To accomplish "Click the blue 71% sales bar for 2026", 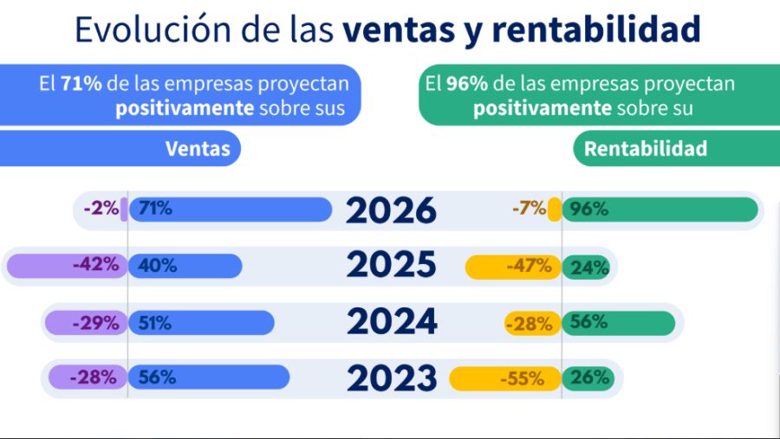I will (231, 210).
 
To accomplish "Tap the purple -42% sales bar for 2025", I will (66, 266).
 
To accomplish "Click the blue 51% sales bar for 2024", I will (201, 323).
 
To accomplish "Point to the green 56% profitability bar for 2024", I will (618, 323).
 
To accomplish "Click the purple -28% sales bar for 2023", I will (88, 378).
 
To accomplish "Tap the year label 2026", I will (391, 211).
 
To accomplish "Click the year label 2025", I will (391, 266).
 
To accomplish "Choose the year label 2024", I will (391, 322).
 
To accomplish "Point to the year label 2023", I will (391, 378).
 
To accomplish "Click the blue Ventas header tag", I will (198, 149).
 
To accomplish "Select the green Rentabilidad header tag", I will (646, 149).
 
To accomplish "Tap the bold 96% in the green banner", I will (464, 84).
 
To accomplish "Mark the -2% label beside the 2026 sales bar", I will (101, 209).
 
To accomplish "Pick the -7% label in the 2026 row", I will (529, 209).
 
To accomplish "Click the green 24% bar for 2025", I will (589, 267).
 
